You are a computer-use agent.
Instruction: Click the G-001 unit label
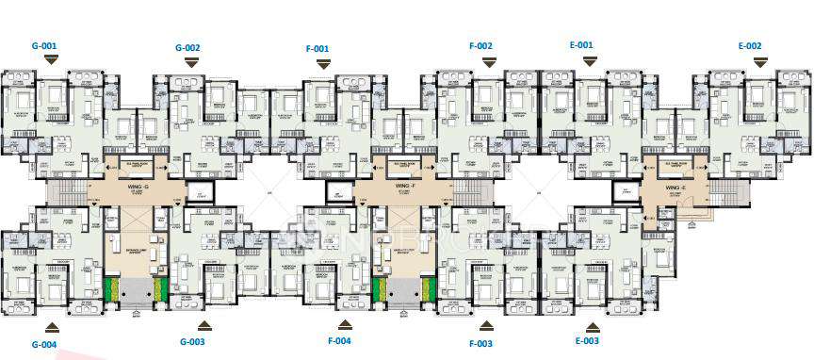click(45, 44)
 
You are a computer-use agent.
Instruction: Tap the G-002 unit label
click(188, 47)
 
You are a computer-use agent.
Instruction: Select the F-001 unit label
click(317, 48)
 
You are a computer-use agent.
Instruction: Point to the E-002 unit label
click(750, 45)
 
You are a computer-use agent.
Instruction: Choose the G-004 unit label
click(44, 344)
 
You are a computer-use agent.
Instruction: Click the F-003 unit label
click(480, 343)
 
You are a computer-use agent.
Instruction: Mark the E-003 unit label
click(584, 340)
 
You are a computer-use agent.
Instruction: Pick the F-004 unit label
click(339, 340)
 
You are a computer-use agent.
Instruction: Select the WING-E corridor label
click(674, 188)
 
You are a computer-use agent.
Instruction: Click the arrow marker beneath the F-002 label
click(488, 62)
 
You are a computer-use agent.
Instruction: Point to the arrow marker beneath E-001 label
click(590, 61)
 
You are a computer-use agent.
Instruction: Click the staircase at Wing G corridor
click(65, 193)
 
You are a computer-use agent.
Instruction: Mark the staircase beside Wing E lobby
click(727, 193)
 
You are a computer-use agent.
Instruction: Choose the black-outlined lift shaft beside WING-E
click(623, 193)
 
